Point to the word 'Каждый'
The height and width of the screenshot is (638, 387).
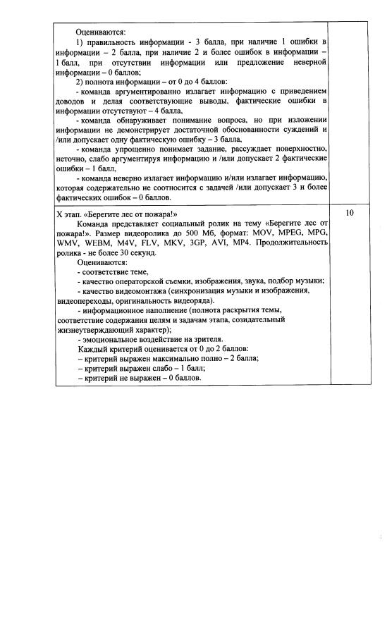pyautogui.click(x=91, y=349)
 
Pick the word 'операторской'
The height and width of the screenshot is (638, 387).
pyautogui.click(x=146, y=281)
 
